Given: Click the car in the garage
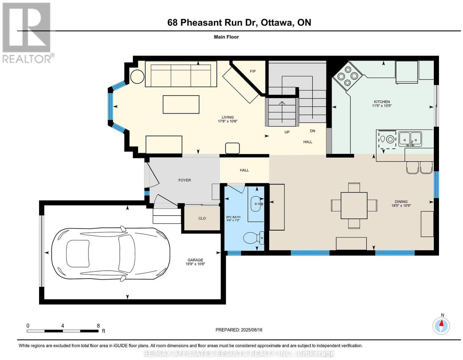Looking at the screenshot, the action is click(111, 253).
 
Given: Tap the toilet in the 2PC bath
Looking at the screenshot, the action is click(253, 238).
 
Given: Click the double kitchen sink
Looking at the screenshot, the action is click(410, 139).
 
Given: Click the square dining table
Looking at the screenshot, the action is click(354, 205).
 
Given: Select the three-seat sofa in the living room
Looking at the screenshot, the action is click(181, 74).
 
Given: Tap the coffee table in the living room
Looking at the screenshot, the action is click(181, 105).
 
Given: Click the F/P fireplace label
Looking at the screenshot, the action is click(253, 71).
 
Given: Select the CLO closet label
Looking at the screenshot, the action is click(202, 218).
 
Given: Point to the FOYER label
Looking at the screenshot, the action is click(185, 180).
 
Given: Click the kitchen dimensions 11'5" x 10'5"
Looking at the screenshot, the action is click(382, 105).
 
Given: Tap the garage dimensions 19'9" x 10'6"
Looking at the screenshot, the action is click(195, 264).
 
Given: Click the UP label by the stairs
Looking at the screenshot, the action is click(287, 132).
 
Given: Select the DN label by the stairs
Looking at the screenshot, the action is click(312, 131).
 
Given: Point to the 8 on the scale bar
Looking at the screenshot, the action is click(98, 326).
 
